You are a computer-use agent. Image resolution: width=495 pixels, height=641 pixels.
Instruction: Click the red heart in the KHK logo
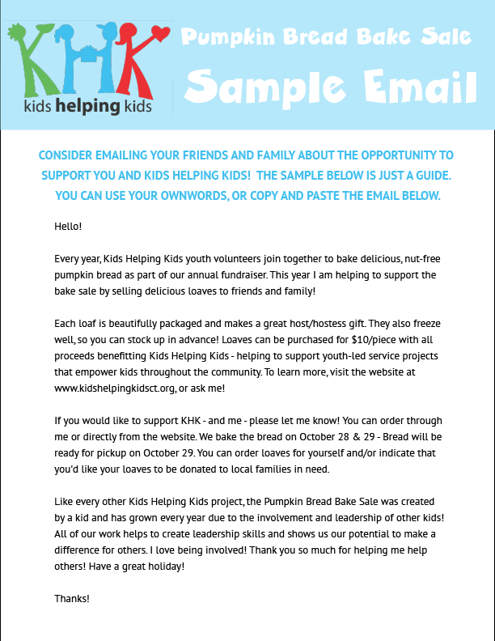point(159,34)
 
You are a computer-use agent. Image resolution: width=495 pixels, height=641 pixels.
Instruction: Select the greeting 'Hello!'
point(68,226)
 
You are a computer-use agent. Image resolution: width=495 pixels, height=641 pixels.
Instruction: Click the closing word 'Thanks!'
point(72,599)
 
